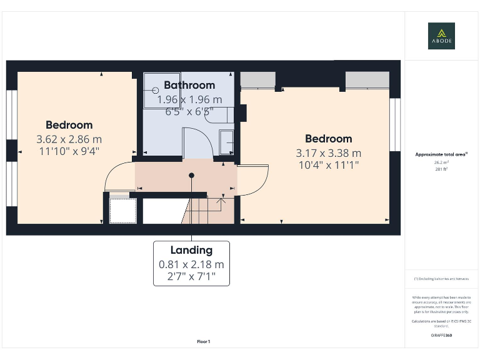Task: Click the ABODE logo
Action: pyautogui.click(x=441, y=36)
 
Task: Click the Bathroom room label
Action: pyautogui.click(x=189, y=85)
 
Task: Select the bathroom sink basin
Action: pyautogui.click(x=226, y=142)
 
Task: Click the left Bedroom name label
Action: pyautogui.click(x=69, y=125)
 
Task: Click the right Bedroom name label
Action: pyautogui.click(x=328, y=139)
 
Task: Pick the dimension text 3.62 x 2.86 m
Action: pyautogui.click(x=69, y=139)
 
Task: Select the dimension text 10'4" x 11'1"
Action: pyautogui.click(x=328, y=165)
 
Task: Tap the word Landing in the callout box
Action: pyautogui.click(x=191, y=250)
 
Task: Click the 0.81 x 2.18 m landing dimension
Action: pyautogui.click(x=191, y=264)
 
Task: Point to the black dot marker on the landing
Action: pyautogui.click(x=192, y=176)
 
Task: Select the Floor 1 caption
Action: pyautogui.click(x=204, y=342)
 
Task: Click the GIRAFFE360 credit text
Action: pyautogui.click(x=441, y=336)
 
